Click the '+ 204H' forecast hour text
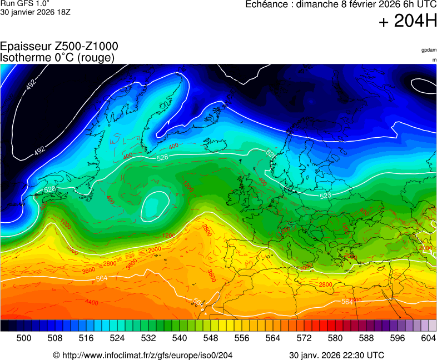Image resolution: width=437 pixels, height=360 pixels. click(408, 21)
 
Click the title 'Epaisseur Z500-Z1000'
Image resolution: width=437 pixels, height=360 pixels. click(59, 47)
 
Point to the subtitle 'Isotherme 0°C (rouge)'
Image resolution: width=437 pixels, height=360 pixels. click(58, 57)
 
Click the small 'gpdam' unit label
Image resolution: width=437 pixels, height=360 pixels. click(429, 50)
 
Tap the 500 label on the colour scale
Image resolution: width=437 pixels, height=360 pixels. click(24, 338)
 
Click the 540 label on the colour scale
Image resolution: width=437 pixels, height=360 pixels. click(180, 338)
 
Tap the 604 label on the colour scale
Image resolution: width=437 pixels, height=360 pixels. click(429, 338)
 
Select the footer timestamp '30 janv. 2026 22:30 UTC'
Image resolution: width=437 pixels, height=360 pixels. click(336, 355)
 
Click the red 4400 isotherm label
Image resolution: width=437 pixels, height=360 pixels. click(92, 302)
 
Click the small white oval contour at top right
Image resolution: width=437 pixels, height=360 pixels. click(424, 85)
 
